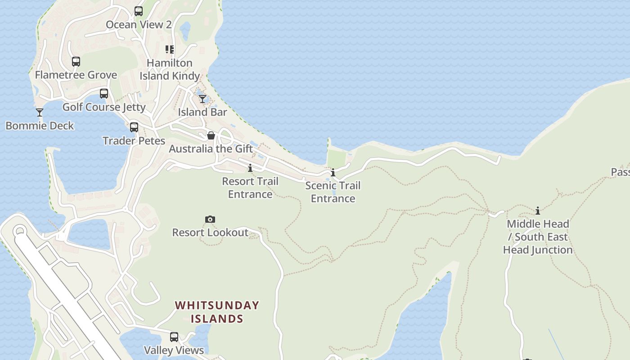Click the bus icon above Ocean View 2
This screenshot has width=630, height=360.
[x=139, y=11]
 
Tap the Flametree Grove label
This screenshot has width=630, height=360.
[x=76, y=75]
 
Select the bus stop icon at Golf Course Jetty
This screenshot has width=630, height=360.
[x=104, y=94]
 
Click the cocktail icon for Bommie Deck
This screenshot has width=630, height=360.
[x=40, y=112]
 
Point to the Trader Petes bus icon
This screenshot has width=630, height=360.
[x=134, y=127]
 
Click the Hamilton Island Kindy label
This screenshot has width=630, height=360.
[x=170, y=69]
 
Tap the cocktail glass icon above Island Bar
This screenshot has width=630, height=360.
[x=202, y=99]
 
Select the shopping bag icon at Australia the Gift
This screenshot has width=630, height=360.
[x=211, y=135]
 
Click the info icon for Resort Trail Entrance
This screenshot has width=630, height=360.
[x=250, y=168]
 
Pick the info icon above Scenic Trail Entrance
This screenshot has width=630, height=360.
[x=333, y=172]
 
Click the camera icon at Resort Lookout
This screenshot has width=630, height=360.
[x=210, y=220]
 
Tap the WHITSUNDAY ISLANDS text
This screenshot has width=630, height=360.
[x=217, y=312]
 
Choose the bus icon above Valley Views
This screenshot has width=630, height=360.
[x=174, y=337]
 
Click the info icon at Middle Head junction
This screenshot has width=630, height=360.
[x=538, y=211]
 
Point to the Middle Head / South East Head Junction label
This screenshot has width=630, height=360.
[x=538, y=237]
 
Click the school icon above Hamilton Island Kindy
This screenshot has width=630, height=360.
[x=170, y=49]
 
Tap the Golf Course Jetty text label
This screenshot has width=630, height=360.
[x=104, y=107]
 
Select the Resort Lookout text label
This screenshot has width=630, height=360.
[x=210, y=233]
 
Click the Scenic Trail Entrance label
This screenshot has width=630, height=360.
[x=333, y=192]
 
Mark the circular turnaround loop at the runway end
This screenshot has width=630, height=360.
[x=19, y=231]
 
